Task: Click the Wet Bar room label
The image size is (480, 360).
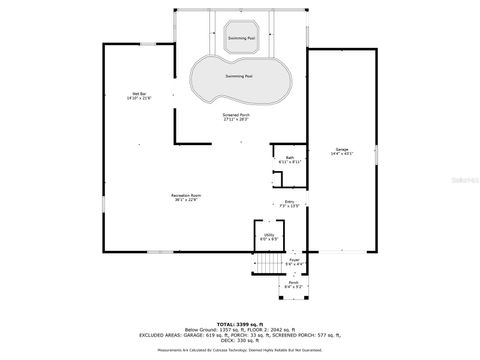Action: coord(139,94)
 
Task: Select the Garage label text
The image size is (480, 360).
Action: coord(342,149)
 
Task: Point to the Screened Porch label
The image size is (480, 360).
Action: coord(237,115)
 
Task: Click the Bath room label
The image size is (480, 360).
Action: coord(290,157)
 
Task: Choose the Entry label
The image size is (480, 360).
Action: coord(290,203)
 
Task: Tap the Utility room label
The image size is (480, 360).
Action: coord(269,237)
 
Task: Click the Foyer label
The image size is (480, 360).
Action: coord(294,260)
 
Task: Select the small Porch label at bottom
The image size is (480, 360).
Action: coord(294,284)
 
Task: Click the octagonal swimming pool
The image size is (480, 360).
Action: coord(240,37)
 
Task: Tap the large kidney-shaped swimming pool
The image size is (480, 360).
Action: coord(238,78)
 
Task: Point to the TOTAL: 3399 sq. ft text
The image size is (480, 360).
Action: coord(240,323)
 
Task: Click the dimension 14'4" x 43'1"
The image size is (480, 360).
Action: coord(342,154)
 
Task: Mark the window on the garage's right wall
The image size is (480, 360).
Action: coord(378,155)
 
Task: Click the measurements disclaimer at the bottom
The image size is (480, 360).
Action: coord(240,350)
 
